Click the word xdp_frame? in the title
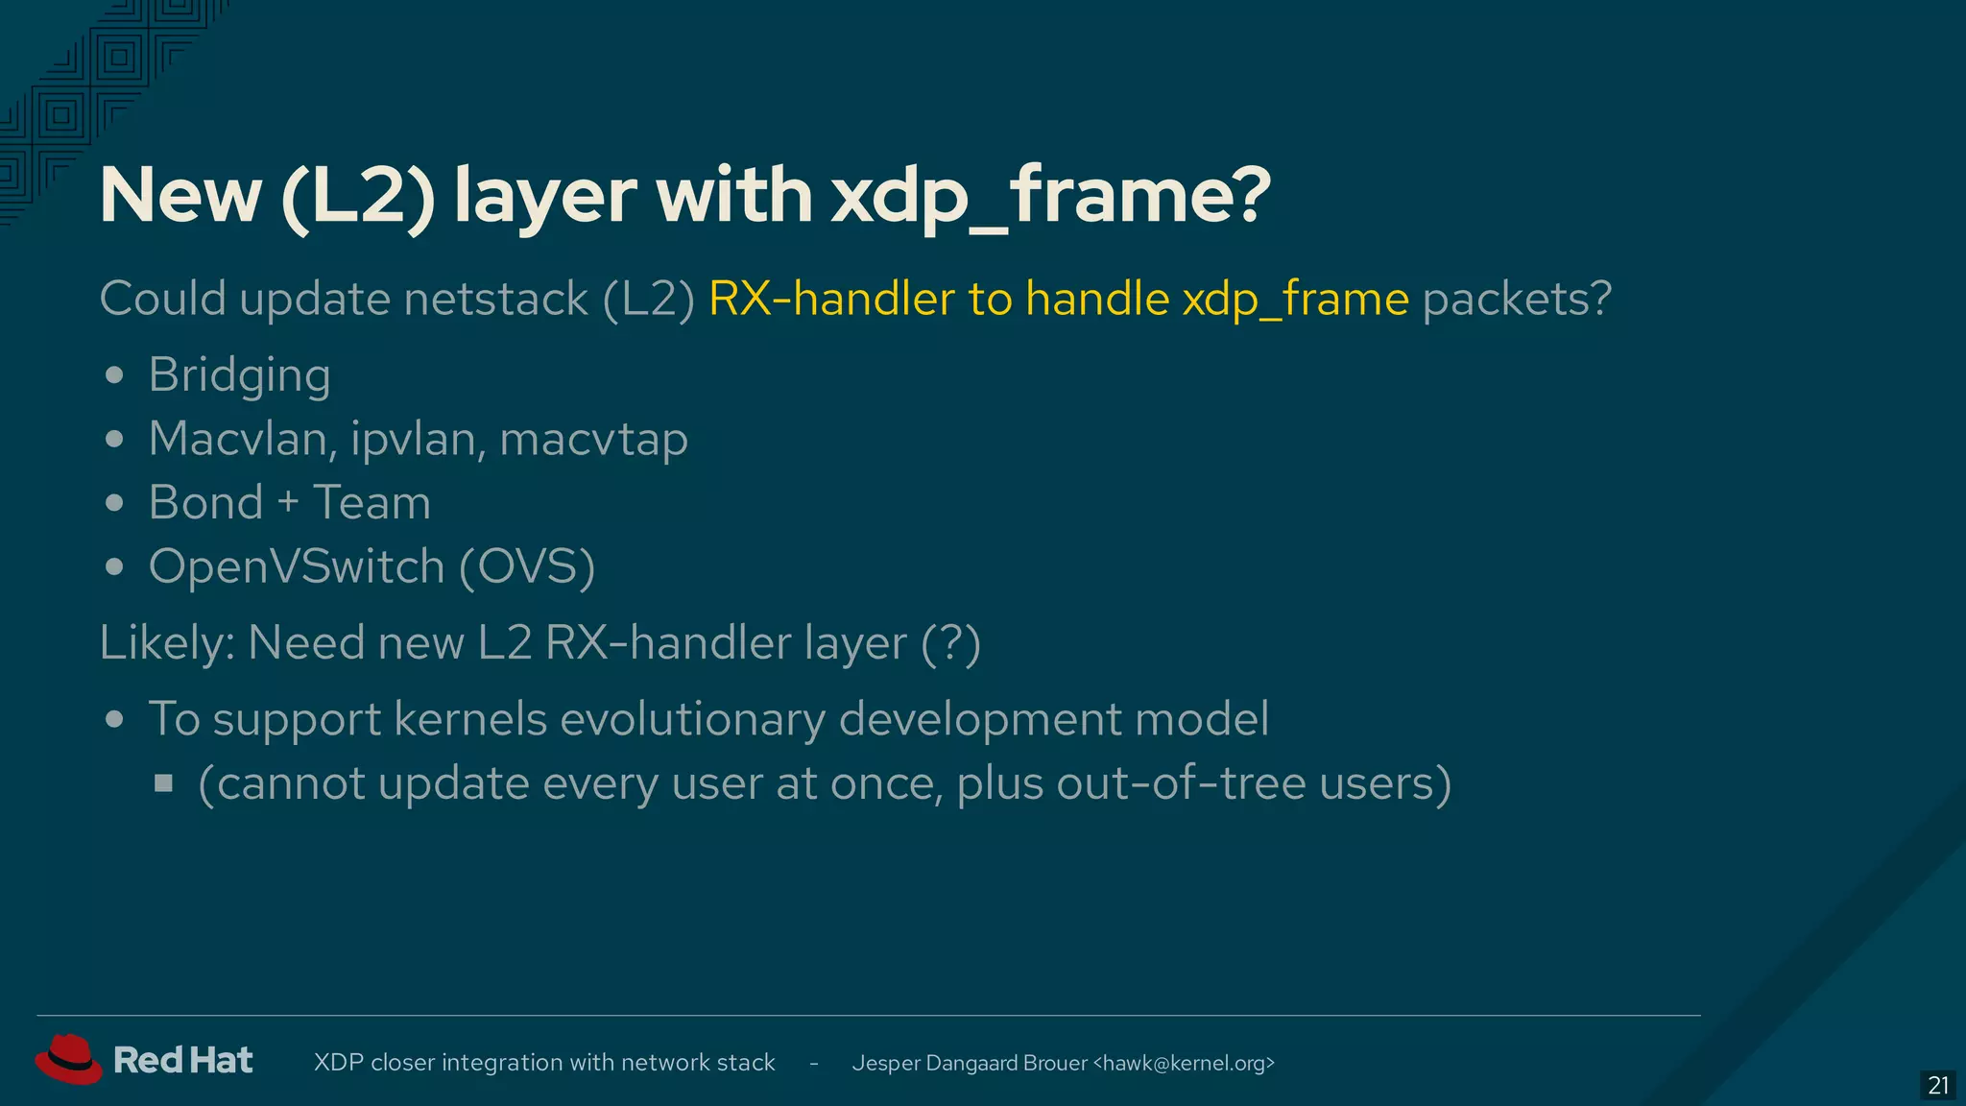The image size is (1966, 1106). pos(1050,196)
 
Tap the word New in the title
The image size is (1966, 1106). pos(180,196)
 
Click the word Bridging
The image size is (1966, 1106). pos(239,375)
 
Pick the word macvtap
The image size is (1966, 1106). pos(593,440)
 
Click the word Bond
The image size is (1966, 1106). pos(205,503)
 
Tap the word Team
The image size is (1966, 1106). pos(372,503)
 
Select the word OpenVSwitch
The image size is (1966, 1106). pos(296,566)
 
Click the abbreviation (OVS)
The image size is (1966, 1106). pos(527,566)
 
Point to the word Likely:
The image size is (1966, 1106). pos(167,643)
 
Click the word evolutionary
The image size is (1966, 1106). pos(692,719)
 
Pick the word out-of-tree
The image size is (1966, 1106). pos(1181,783)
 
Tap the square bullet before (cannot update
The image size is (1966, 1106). pos(163,784)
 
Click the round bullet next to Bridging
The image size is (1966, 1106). pos(114,375)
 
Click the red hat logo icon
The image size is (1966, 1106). pos(68,1059)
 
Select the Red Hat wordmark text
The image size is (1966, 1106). pos(182,1060)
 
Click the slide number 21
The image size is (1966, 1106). pos(1938,1086)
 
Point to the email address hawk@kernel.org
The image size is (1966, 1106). pos(1184,1063)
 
